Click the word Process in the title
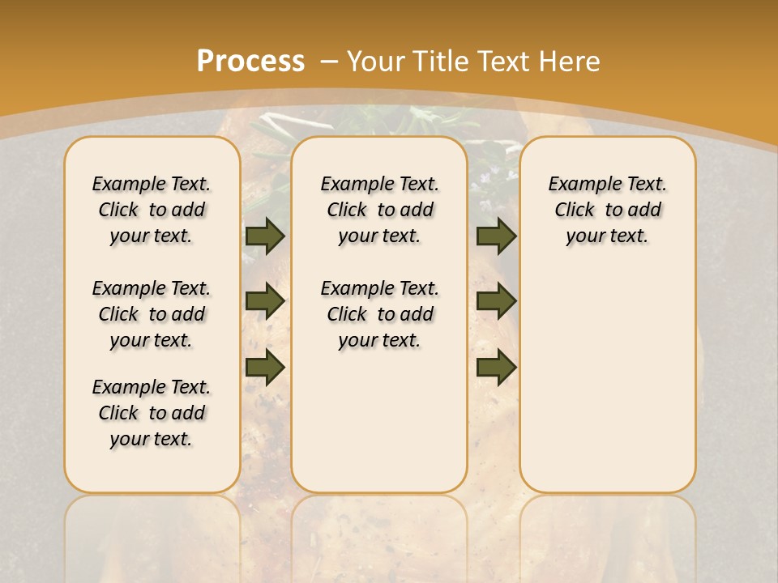click(250, 61)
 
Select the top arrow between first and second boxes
click(265, 236)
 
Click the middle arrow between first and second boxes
click(265, 301)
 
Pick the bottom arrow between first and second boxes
click(265, 368)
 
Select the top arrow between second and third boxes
click(496, 236)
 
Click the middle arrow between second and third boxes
click(496, 301)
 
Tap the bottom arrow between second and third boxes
click(496, 368)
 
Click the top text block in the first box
click(152, 210)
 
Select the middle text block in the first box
click(152, 314)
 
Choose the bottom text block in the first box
click(152, 413)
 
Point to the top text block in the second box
click(379, 210)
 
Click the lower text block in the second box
click(379, 314)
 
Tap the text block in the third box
click(607, 210)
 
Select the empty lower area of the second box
click(379, 421)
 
